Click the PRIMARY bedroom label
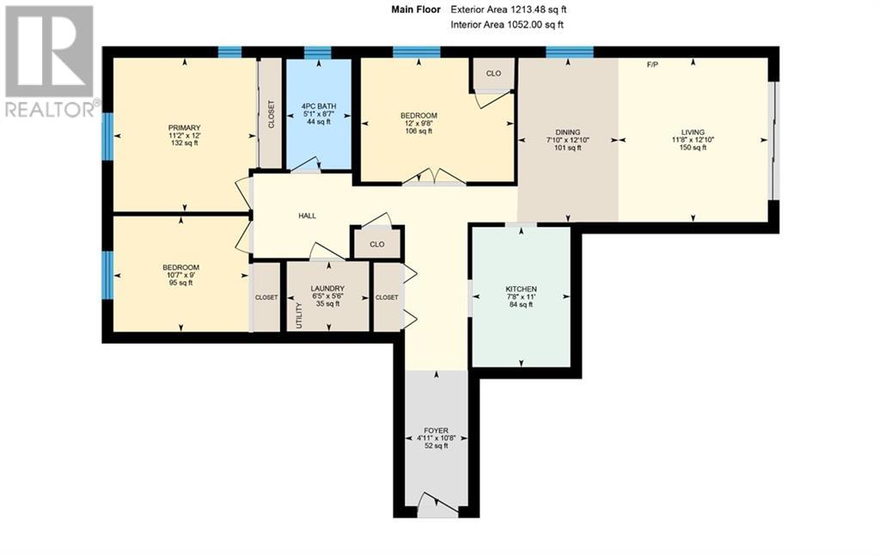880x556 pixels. [x=185, y=127]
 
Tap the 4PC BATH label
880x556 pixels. [x=318, y=107]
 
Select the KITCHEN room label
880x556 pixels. [x=521, y=289]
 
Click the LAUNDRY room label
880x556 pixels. [x=327, y=289]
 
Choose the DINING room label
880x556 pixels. [x=567, y=132]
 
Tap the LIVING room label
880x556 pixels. [x=693, y=132]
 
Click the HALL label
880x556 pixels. [x=307, y=216]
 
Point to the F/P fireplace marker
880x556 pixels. [x=653, y=64]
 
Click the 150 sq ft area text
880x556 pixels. [x=693, y=148]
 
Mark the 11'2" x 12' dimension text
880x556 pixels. [x=185, y=136]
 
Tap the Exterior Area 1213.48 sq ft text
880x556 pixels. [x=509, y=9]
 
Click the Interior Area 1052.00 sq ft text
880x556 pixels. [x=509, y=25]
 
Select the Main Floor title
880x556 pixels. [x=415, y=9]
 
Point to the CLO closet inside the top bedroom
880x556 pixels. [x=493, y=74]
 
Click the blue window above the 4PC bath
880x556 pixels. [x=317, y=52]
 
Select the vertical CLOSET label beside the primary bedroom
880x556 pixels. [x=271, y=114]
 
